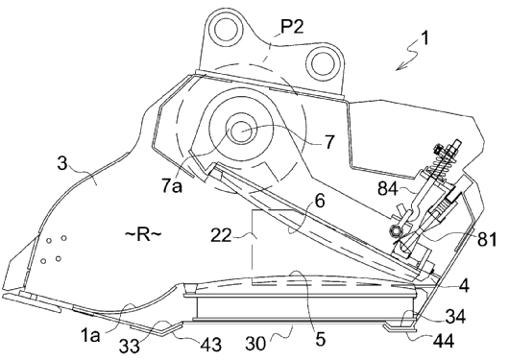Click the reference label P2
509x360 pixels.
[292, 26]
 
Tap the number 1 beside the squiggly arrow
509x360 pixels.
[424, 37]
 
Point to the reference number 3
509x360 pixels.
[62, 163]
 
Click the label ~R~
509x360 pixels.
[143, 234]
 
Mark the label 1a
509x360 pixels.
[90, 335]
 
